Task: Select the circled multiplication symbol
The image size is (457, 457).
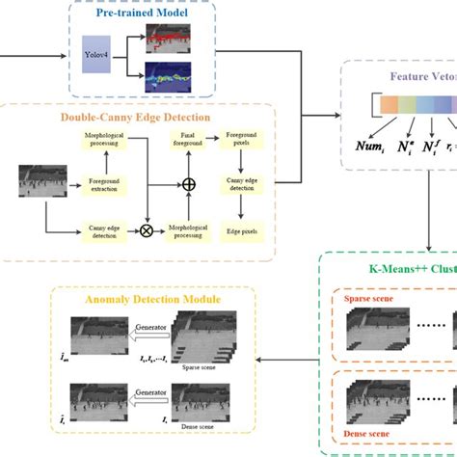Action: [x=148, y=231]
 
